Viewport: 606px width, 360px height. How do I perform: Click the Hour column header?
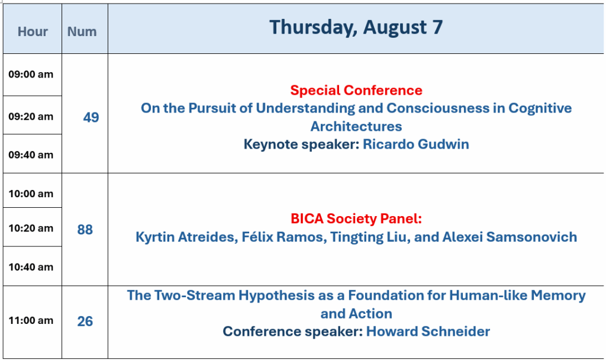[x=33, y=31]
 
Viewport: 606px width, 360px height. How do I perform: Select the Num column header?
[x=82, y=31]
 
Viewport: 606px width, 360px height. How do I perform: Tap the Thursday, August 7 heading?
[x=356, y=27]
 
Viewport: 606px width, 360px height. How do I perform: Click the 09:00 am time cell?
[x=31, y=74]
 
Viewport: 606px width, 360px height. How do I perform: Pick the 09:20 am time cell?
[x=31, y=117]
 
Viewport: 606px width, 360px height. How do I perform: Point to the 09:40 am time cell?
[x=31, y=155]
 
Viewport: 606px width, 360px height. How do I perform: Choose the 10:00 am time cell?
[x=31, y=194]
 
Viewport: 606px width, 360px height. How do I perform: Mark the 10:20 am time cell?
[x=31, y=228]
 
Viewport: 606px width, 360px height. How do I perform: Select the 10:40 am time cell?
[x=31, y=267]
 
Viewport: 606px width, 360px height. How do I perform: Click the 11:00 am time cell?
[x=31, y=320]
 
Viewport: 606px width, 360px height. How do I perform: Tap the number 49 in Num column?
[x=91, y=117]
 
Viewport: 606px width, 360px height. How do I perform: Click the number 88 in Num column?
[x=85, y=229]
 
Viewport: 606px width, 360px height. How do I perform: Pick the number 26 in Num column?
[x=85, y=321]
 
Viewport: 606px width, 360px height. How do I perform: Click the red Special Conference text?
[x=356, y=90]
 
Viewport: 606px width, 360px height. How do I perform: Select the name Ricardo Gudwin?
[x=416, y=144]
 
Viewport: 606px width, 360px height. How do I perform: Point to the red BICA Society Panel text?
[x=356, y=218]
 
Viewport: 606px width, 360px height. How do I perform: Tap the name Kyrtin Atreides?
[x=186, y=237]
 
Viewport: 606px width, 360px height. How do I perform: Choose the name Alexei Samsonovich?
[x=510, y=237]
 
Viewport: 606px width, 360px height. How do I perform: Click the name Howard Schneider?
[x=428, y=332]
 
